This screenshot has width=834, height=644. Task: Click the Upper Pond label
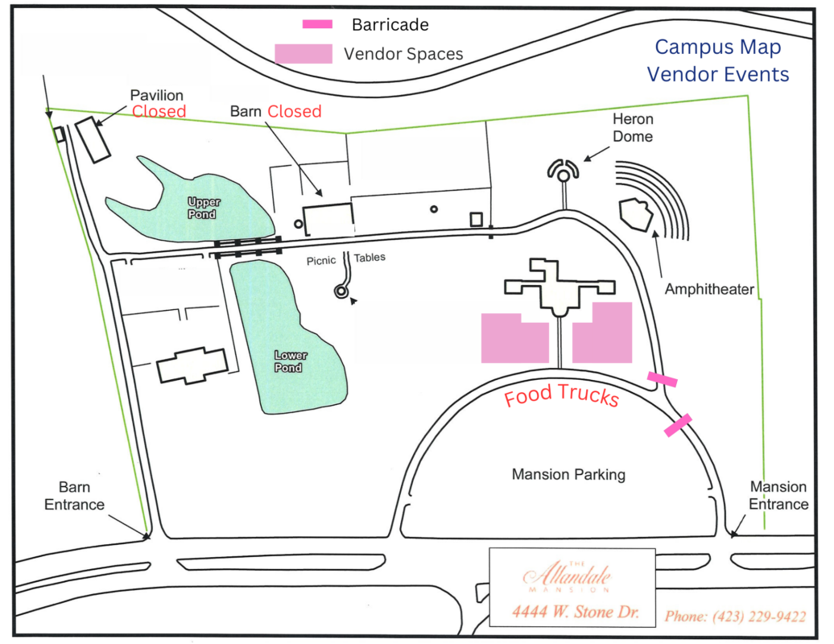203,208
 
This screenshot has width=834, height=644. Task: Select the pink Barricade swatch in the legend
317,24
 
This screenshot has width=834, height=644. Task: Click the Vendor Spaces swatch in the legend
303,54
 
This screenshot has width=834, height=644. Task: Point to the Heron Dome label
633,128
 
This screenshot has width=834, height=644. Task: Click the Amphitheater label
709,289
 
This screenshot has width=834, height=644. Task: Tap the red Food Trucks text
561,396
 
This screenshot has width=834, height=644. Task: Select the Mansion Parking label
568,475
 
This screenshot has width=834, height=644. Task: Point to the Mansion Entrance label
778,496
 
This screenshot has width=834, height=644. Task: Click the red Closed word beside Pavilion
159,111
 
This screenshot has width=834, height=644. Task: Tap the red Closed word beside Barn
295,111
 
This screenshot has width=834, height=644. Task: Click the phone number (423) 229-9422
735,617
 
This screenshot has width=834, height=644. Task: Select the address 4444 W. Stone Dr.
575,613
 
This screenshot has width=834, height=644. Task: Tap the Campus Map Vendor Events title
718,61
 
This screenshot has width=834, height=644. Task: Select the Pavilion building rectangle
93,140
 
